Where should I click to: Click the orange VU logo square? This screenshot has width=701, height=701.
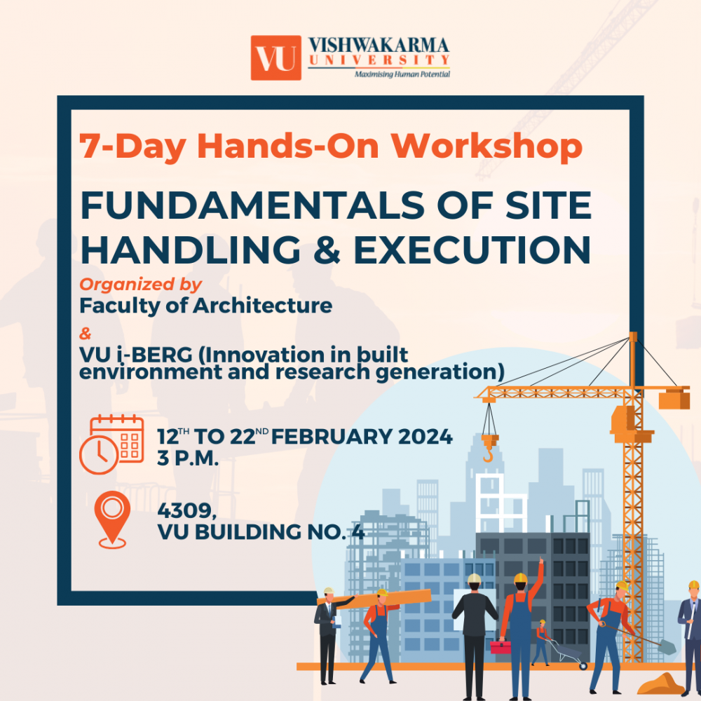[275, 57]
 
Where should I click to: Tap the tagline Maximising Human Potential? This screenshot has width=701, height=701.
[402, 74]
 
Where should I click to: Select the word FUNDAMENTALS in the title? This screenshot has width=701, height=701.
[252, 205]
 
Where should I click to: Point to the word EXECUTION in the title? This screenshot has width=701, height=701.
[472, 250]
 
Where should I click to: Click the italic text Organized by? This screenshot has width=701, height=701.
[140, 285]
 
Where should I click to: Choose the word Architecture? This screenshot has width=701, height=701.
[262, 306]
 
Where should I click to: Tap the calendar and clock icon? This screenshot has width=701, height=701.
[111, 444]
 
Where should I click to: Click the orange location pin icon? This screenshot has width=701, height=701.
[112, 519]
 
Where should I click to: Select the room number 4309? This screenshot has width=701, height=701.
[187, 510]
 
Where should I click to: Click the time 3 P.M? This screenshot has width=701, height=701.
[188, 458]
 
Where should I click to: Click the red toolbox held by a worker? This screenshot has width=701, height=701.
[501, 647]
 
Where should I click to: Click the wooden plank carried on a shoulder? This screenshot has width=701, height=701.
[374, 599]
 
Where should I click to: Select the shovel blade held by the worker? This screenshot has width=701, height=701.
[667, 647]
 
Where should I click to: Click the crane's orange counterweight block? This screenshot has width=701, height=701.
[674, 400]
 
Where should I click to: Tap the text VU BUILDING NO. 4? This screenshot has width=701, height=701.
[261, 532]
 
